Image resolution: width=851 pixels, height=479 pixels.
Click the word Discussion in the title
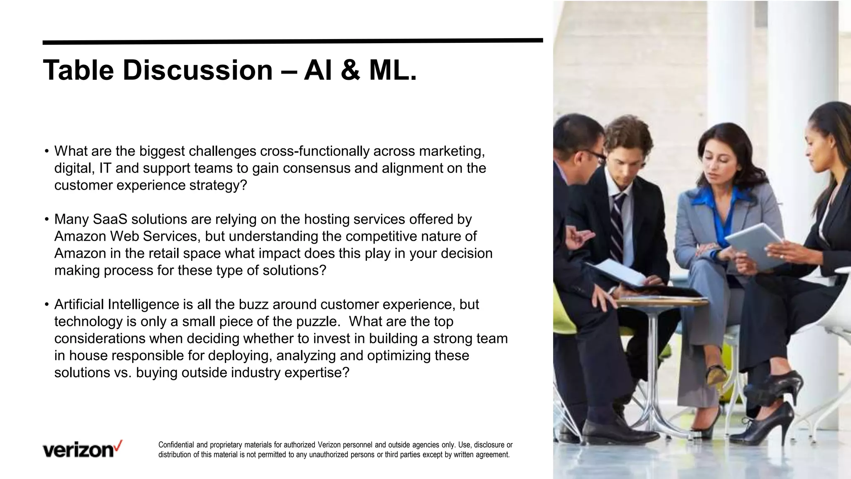click(197, 70)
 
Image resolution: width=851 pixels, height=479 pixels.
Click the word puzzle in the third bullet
click(315, 321)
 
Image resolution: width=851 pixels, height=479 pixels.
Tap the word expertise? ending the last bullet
click(317, 373)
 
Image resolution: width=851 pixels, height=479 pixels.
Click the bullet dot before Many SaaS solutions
click(47, 219)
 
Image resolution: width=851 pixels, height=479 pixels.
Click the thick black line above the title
click(293, 41)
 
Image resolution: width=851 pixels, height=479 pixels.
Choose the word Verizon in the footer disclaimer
click(329, 445)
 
